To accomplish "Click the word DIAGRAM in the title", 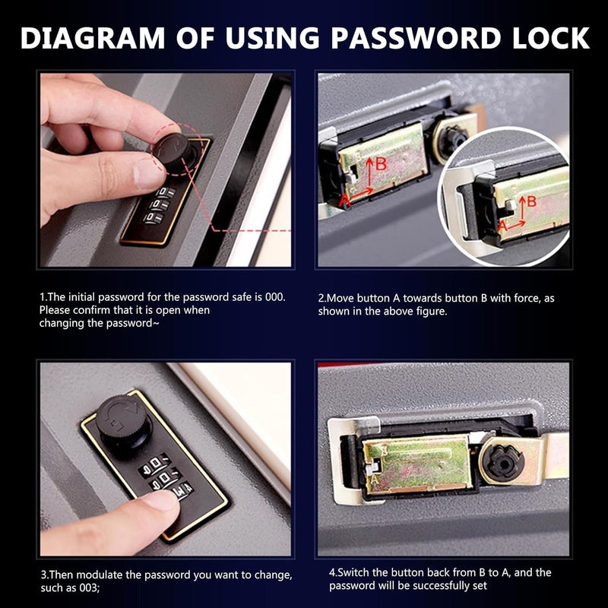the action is (x=93, y=38).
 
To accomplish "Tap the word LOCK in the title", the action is (x=550, y=38).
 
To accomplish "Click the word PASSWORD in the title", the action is (x=415, y=38).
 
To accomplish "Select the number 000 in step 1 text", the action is (x=275, y=297).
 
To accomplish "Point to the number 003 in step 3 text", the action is (x=89, y=587).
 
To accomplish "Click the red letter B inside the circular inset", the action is (x=531, y=201).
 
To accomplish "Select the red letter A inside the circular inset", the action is (x=502, y=226).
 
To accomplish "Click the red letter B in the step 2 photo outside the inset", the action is (x=382, y=164).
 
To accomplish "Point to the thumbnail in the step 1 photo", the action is (x=146, y=173).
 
